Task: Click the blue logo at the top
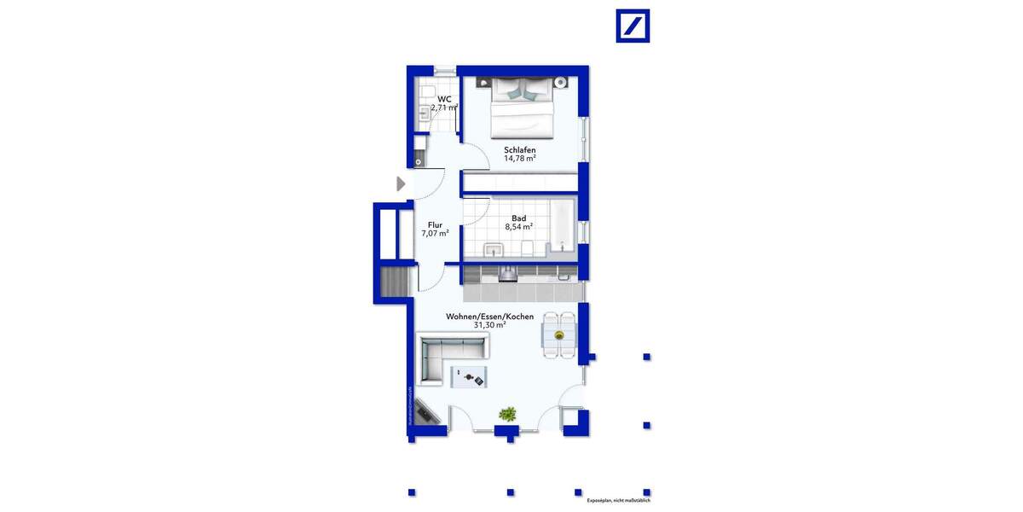tap(633, 26)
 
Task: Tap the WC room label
tap(443, 99)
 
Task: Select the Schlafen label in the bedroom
tap(519, 150)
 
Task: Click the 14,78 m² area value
tap(519, 159)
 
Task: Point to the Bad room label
tap(518, 218)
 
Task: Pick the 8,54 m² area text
tap(518, 228)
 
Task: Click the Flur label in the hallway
tap(435, 224)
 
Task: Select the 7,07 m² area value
tap(435, 233)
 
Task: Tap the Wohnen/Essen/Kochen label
tap(489, 317)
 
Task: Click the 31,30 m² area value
tap(489, 325)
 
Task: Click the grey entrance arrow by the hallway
tap(401, 183)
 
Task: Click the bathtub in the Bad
tap(562, 225)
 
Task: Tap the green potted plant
tap(507, 415)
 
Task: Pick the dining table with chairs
tap(559, 335)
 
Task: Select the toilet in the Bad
tap(529, 248)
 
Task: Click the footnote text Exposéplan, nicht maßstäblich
tap(619, 501)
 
